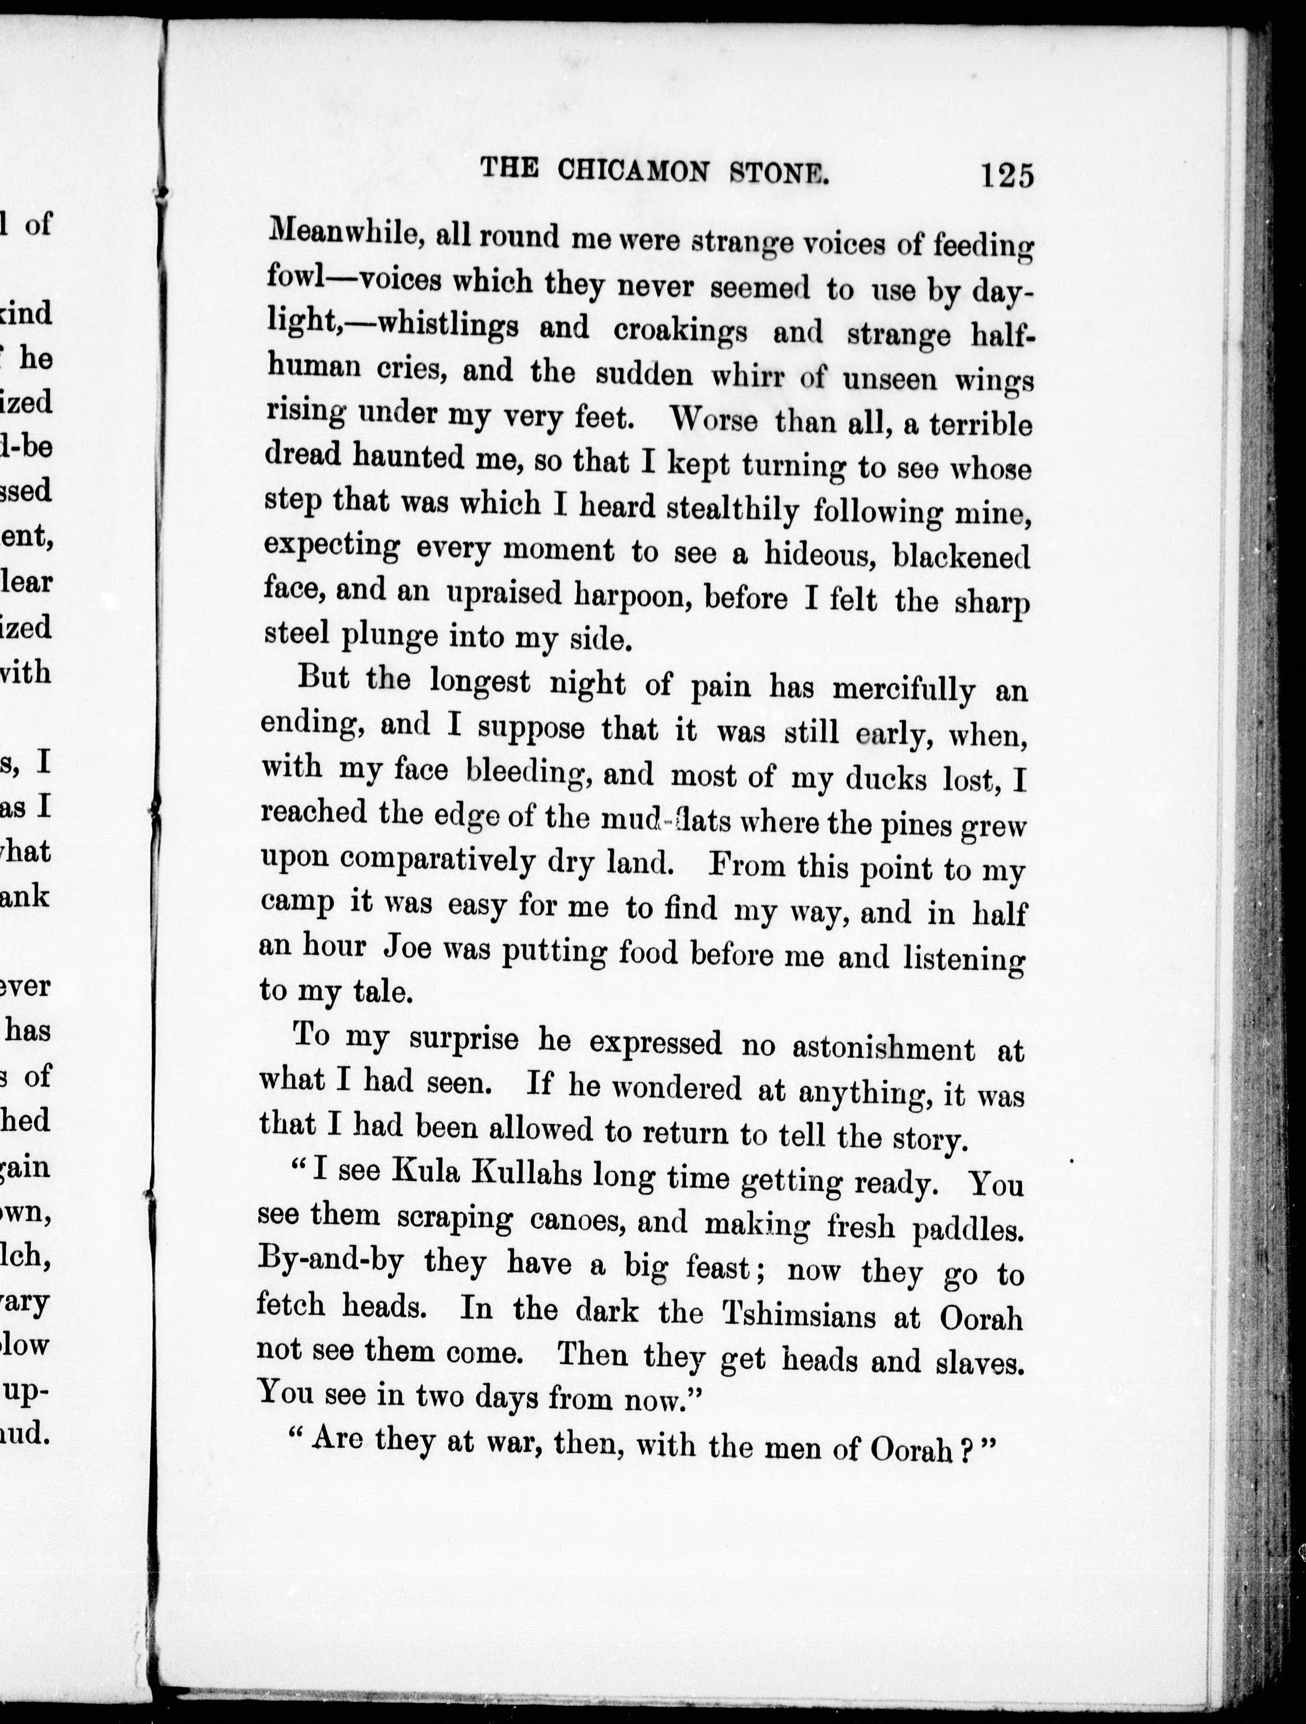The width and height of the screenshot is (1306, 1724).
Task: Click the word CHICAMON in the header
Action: click(x=634, y=170)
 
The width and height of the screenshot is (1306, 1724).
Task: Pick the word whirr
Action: click(x=750, y=376)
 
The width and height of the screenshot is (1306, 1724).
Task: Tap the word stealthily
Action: click(x=732, y=508)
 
